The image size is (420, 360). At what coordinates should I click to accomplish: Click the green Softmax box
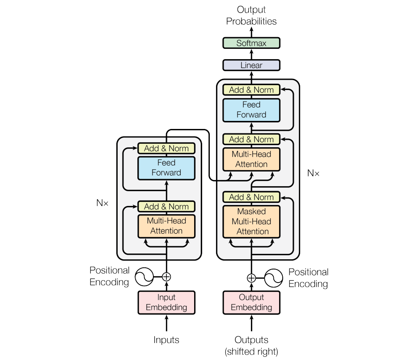click(251, 43)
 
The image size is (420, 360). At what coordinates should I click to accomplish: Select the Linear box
click(251, 65)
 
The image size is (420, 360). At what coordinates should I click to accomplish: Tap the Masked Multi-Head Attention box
click(251, 221)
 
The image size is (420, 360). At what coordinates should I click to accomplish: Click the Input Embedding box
click(166, 302)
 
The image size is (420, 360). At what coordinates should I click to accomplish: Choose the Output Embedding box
click(251, 302)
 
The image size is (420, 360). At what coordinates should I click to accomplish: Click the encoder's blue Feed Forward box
click(166, 168)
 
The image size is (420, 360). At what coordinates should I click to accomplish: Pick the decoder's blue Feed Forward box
click(251, 110)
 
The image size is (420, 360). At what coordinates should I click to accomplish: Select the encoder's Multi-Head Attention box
click(166, 226)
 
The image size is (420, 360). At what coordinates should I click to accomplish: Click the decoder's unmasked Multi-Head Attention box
click(251, 159)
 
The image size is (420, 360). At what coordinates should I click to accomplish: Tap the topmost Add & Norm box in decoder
click(251, 90)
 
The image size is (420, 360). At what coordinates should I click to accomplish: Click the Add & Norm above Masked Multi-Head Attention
click(251, 197)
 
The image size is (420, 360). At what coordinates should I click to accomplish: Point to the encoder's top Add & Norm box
click(166, 148)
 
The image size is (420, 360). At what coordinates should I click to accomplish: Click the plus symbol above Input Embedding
click(166, 277)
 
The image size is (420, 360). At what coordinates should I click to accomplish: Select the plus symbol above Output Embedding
click(251, 278)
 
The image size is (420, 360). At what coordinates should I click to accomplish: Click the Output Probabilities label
click(251, 15)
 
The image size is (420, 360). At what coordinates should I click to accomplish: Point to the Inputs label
click(166, 340)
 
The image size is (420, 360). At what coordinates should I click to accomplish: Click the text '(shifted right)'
click(251, 351)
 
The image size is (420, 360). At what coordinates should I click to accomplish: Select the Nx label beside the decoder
click(313, 173)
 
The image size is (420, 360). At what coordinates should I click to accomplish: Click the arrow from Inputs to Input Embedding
click(166, 323)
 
